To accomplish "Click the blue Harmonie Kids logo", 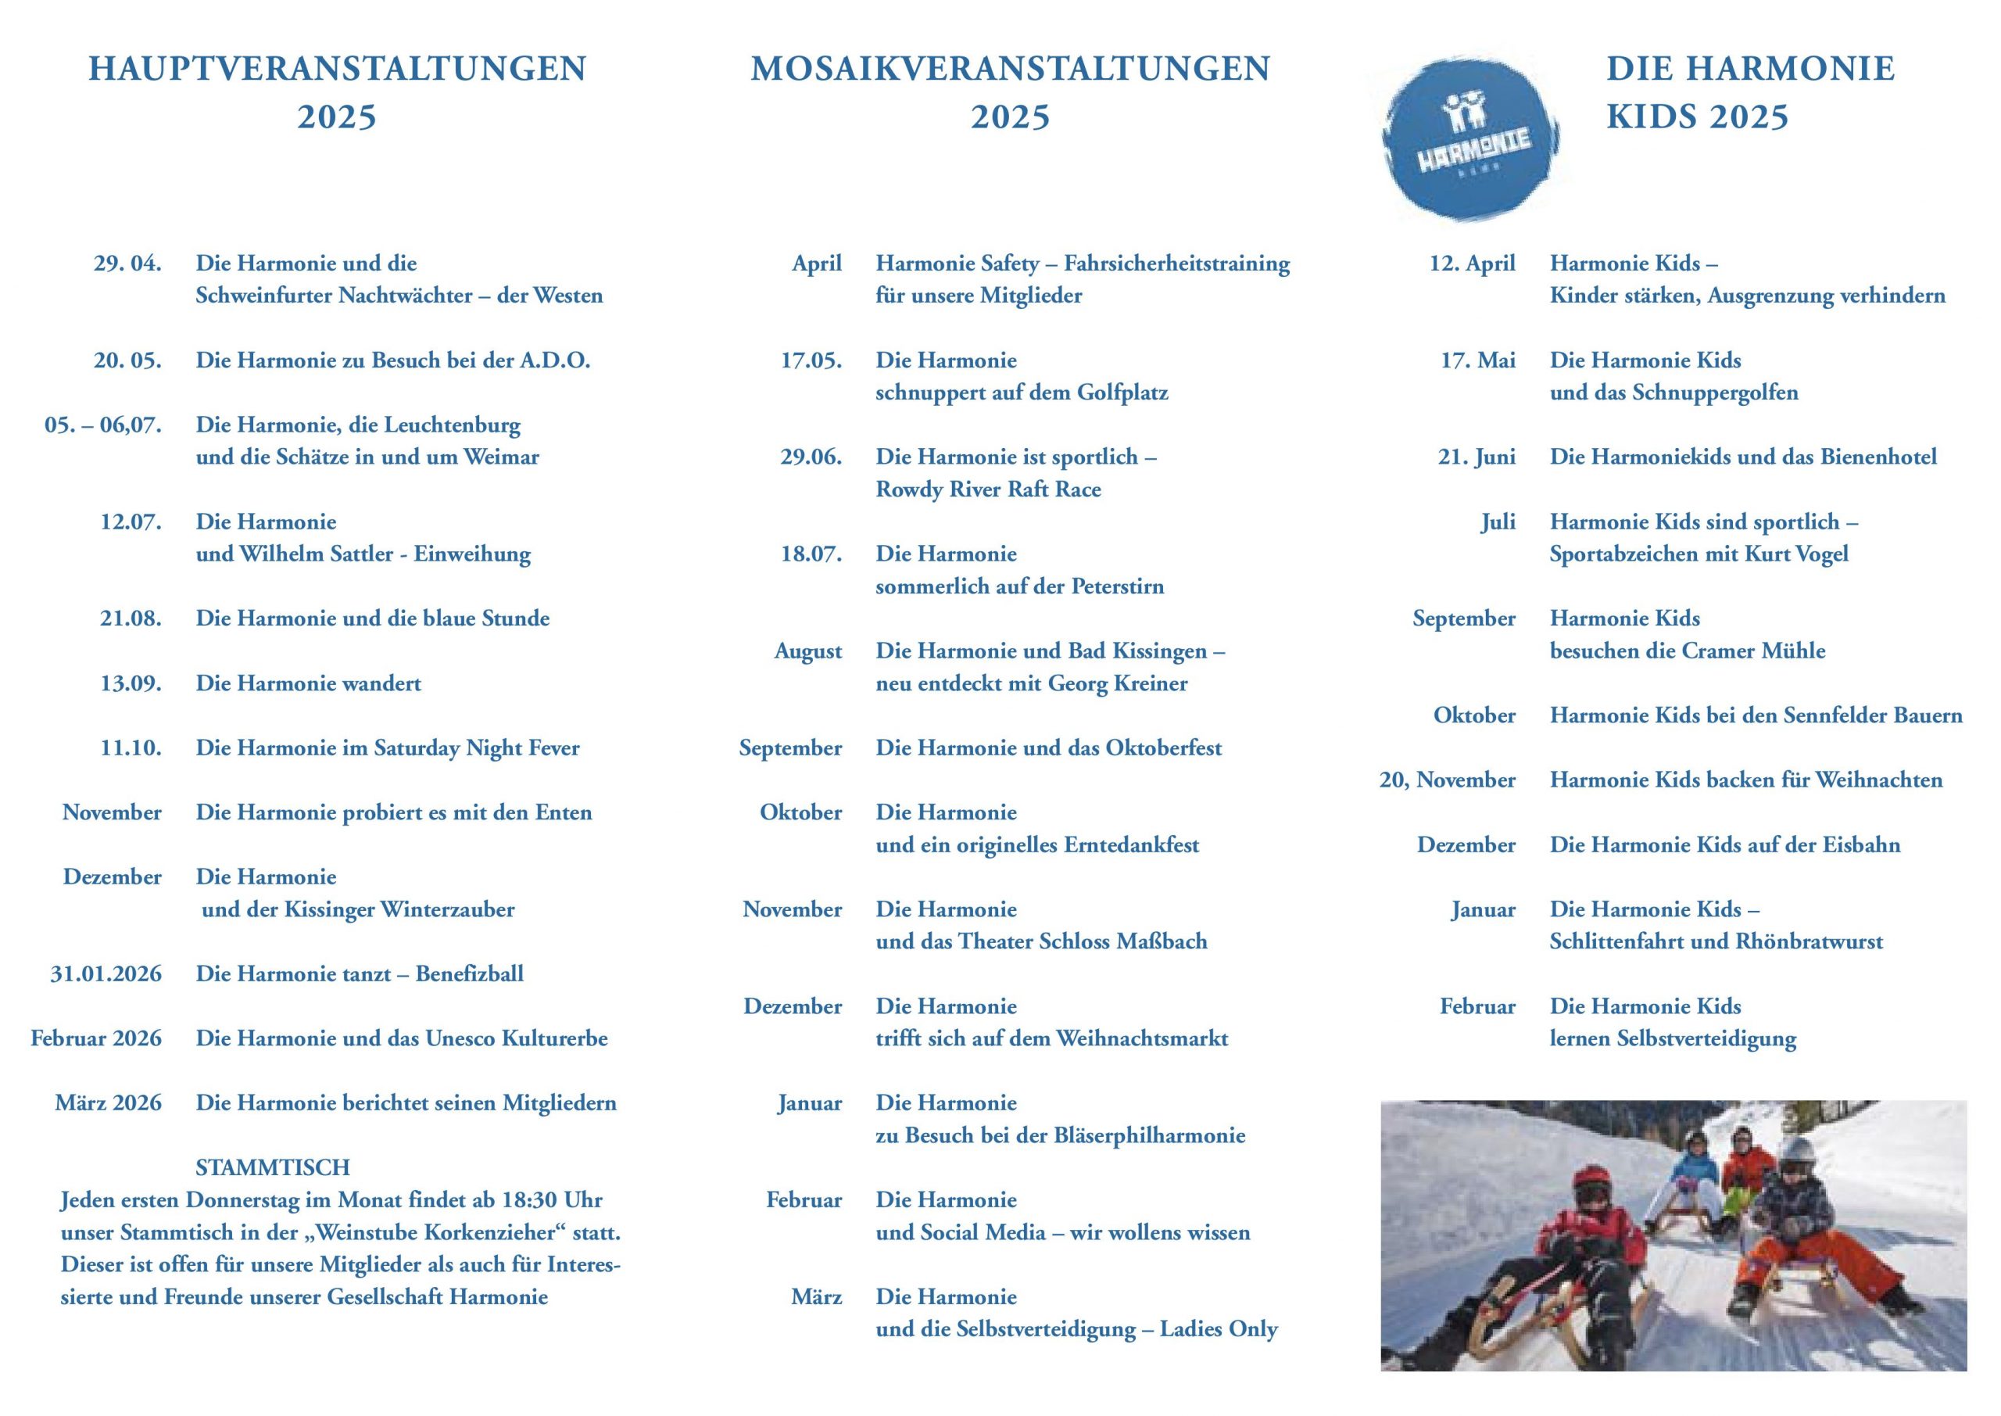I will click(x=1470, y=138).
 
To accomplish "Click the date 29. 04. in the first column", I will click(x=127, y=263).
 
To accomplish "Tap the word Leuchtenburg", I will click(x=453, y=425).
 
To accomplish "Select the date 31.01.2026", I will click(x=106, y=974).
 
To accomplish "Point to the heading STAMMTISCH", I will click(x=273, y=1167).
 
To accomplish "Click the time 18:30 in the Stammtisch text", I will click(x=528, y=1199).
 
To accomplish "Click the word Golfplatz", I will click(x=1122, y=393).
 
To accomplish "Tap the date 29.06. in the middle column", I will click(x=811, y=457).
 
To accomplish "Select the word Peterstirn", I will click(x=1117, y=586).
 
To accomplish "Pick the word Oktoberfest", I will click(x=1164, y=748).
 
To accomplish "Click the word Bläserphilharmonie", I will click(x=1150, y=1135).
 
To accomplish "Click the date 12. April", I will click(x=1472, y=263).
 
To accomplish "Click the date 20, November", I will click(x=1447, y=780).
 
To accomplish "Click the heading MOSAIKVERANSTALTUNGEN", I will click(x=1010, y=69).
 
